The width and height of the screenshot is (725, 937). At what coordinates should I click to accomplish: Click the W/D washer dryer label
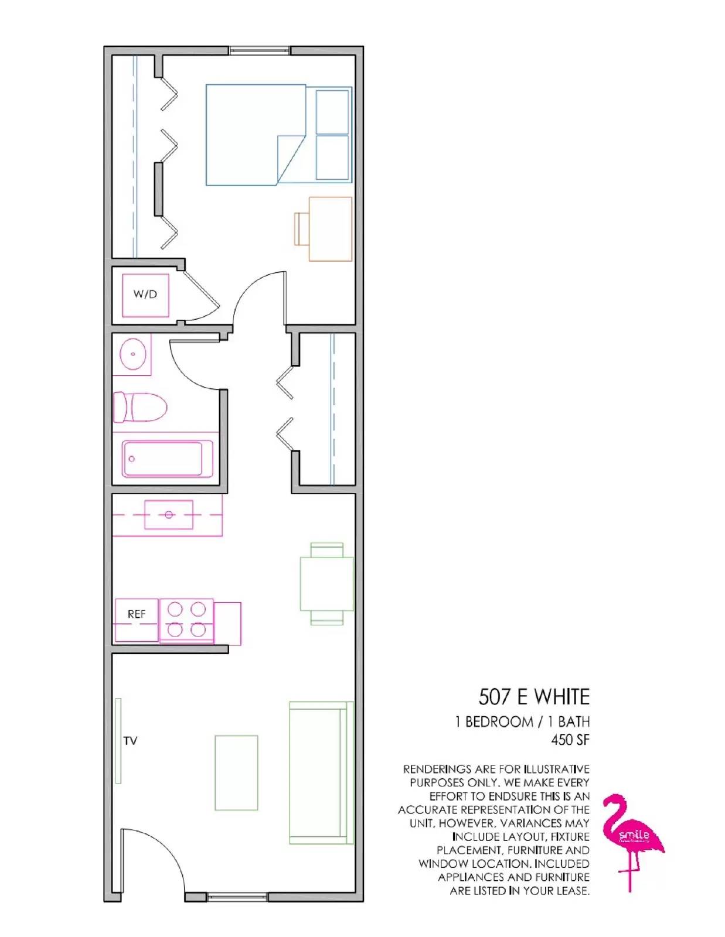pyautogui.click(x=145, y=294)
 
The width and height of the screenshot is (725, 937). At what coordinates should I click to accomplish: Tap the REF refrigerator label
pyautogui.click(x=137, y=614)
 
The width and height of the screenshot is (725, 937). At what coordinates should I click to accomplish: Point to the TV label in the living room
pyautogui.click(x=130, y=741)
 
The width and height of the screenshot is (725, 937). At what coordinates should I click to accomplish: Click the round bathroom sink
pyautogui.click(x=132, y=354)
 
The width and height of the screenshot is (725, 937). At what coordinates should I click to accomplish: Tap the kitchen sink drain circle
pyautogui.click(x=169, y=515)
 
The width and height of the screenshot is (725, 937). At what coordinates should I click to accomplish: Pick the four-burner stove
pyautogui.click(x=186, y=620)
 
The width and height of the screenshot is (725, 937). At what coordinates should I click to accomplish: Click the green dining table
pyautogui.click(x=327, y=583)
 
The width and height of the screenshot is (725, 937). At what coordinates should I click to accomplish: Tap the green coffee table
pyautogui.click(x=236, y=772)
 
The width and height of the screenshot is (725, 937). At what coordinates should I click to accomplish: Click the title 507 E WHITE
pyautogui.click(x=534, y=697)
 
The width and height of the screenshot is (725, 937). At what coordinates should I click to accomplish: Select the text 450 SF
pyautogui.click(x=570, y=740)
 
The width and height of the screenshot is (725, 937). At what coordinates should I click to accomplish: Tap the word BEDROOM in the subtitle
pyautogui.click(x=499, y=721)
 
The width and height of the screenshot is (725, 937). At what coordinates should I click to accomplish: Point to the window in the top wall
pyautogui.click(x=260, y=51)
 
